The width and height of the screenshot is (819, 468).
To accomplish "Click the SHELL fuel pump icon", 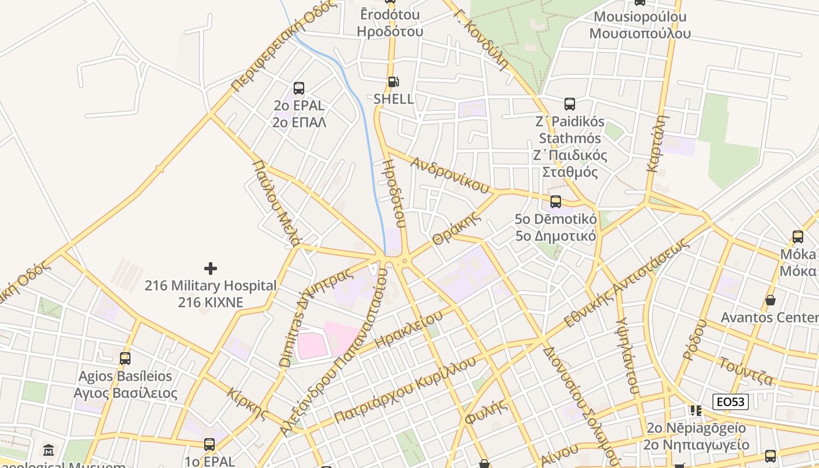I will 393,82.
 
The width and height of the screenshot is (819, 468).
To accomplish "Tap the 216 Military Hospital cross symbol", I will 211,269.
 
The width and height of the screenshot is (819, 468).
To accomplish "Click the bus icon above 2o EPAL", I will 299,88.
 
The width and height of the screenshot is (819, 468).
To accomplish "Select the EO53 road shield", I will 731,402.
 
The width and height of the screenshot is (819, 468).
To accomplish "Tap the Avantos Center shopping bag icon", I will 770,300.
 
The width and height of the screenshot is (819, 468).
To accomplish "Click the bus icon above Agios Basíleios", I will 125,359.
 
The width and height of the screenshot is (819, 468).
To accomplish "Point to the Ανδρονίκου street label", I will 449,174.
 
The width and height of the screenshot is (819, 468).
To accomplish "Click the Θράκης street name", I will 456,229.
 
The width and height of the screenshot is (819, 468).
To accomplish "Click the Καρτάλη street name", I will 658,143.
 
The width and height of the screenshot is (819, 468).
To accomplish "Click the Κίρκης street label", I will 248,403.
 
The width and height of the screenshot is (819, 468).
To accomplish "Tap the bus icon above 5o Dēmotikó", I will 555,202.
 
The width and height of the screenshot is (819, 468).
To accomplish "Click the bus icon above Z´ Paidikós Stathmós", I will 569,104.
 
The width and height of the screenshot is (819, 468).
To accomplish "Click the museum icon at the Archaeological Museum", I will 49,450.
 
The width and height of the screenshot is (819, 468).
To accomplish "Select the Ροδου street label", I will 694,339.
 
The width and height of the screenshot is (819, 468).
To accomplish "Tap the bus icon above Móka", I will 798,237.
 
